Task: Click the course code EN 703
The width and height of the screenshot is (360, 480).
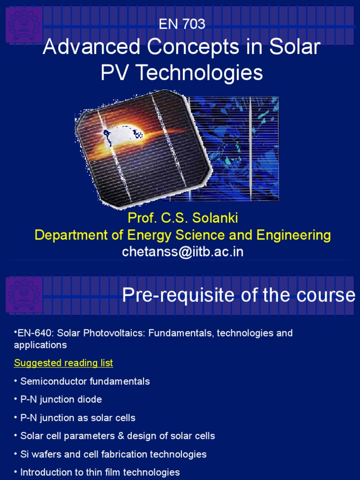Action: pyautogui.click(x=182, y=24)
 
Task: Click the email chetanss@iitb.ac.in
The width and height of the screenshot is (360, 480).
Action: pyautogui.click(x=183, y=252)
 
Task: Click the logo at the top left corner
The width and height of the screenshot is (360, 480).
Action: pyautogui.click(x=24, y=24)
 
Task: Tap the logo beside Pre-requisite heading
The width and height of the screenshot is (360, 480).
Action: pyautogui.click(x=24, y=294)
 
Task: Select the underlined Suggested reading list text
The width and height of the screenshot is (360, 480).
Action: pyautogui.click(x=63, y=363)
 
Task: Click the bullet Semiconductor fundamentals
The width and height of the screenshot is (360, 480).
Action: pyautogui.click(x=85, y=381)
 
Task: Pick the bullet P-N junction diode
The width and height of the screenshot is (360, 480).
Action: pyautogui.click(x=61, y=399)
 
